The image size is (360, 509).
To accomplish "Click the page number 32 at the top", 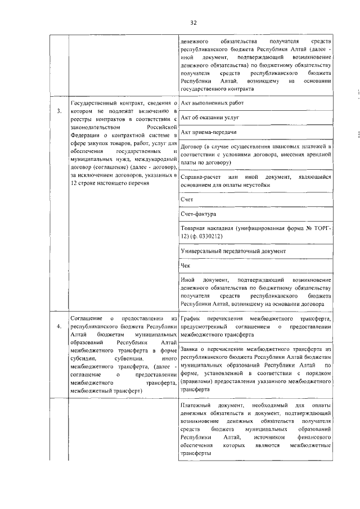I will pyautogui.click(x=193, y=22).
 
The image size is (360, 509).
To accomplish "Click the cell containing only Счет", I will pyautogui.click(x=187, y=200).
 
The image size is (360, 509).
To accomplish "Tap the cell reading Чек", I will pyautogui.click(x=186, y=265).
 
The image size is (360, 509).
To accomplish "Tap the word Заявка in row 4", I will pyautogui.click(x=191, y=349).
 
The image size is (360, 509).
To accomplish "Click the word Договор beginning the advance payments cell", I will pyautogui.click(x=193, y=146).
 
